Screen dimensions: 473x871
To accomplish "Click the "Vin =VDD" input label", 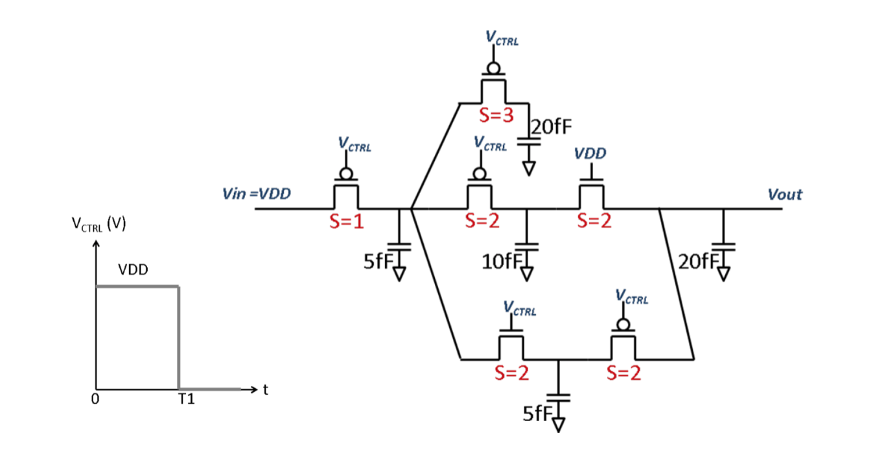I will pos(257,193).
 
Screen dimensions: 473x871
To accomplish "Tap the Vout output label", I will pos(784,194).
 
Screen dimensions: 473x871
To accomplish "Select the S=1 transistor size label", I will pos(347,222).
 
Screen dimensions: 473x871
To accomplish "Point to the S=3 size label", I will pos(496,116).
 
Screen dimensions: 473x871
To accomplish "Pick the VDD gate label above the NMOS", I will pos(590,154).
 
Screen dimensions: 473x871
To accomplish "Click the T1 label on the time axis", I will pos(186,400).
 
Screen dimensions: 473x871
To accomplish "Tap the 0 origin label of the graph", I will pos(95,400).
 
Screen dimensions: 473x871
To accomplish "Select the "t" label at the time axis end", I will pos(265,389).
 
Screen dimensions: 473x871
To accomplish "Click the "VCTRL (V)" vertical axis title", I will pos(99,225).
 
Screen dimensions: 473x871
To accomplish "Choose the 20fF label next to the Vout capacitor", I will pos(696,262).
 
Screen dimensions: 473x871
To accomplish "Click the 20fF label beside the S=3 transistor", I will pos(552,126).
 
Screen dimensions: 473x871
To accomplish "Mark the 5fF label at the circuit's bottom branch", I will pos(537,414).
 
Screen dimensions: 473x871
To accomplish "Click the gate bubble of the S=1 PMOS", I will pos(346,174).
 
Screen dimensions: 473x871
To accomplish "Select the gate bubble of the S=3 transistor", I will pos(493,68).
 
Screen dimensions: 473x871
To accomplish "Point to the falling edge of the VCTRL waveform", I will pos(179,337).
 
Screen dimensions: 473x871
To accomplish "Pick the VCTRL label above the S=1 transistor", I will pos(354,144).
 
